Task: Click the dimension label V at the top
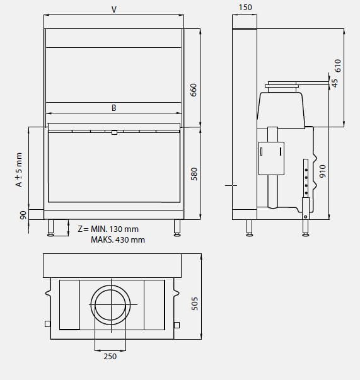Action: tap(113, 9)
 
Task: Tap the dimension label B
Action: tap(113, 108)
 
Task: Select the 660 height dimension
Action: tap(194, 90)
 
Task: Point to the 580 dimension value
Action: tap(194, 174)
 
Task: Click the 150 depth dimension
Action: tap(245, 8)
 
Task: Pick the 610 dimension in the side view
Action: tap(337, 66)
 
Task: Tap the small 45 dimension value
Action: tap(335, 83)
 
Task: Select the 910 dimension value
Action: tap(323, 171)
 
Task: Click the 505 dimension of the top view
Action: tap(194, 304)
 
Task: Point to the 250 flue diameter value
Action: tap(110, 356)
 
